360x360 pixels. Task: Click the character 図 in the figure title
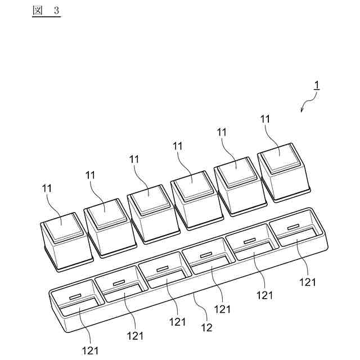coord(38,11)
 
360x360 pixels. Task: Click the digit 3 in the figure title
coord(56,11)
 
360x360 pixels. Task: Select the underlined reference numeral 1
coord(317,86)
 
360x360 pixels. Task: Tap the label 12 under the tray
coord(206,327)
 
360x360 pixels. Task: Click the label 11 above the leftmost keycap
coord(47,186)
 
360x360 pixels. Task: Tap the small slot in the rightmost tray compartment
coord(292,228)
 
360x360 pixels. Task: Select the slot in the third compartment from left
coord(163,269)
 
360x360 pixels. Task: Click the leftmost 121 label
coord(91,350)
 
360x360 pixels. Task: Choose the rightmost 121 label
coord(307,282)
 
